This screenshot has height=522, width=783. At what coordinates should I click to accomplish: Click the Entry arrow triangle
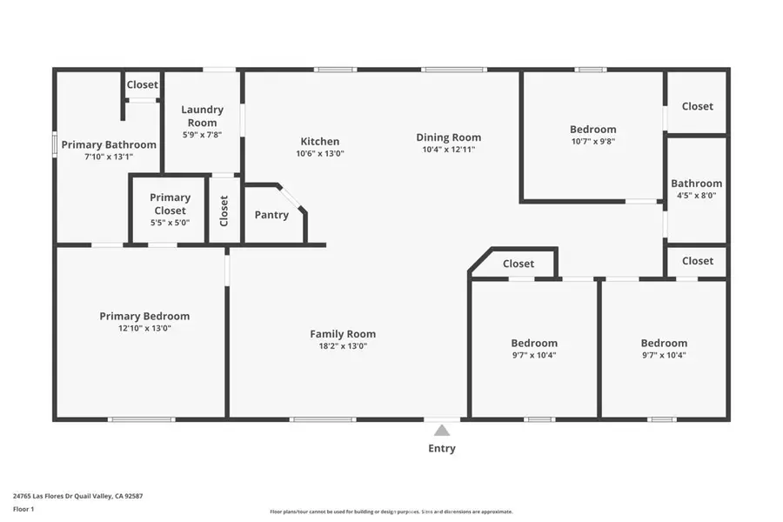442,430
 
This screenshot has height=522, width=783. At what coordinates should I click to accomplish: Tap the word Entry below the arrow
442,449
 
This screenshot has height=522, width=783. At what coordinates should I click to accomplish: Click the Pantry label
271,215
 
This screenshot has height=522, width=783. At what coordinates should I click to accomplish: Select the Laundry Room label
202,116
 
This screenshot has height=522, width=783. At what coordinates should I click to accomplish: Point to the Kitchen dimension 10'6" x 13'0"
320,154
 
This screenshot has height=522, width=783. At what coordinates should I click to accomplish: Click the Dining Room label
448,137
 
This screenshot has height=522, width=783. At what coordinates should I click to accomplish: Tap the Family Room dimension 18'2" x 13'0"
343,346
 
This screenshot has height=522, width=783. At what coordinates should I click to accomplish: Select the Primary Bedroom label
144,316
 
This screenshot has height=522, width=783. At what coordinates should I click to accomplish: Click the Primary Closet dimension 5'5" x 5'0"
170,223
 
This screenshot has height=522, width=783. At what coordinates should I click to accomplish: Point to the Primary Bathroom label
109,144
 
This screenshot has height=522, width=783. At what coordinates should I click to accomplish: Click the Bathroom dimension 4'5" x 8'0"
696,196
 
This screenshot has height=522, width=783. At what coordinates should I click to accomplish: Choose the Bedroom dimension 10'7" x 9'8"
593,142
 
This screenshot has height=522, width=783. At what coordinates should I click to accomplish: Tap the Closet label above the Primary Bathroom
143,84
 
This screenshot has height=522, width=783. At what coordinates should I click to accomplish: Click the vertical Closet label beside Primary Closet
224,211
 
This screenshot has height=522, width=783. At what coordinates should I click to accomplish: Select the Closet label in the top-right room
697,106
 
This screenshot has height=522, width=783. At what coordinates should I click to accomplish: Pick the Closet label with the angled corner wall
519,264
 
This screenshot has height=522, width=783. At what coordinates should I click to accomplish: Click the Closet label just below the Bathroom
697,261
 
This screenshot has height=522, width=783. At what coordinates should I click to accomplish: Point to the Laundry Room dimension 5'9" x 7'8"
202,135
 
